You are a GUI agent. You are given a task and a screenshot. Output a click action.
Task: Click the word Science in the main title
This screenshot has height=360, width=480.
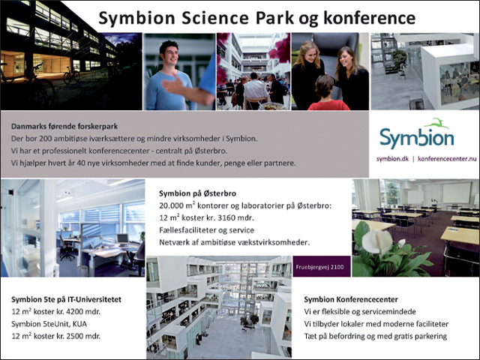[x=215, y=18]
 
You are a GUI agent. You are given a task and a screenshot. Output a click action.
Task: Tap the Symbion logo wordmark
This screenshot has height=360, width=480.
[x=417, y=138]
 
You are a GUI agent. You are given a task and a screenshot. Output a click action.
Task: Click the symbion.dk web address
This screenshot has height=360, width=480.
[x=392, y=159]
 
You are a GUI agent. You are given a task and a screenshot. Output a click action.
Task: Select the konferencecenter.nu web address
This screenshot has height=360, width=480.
[x=447, y=159]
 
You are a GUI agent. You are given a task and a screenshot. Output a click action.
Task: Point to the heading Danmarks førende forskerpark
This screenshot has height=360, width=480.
[x=64, y=126]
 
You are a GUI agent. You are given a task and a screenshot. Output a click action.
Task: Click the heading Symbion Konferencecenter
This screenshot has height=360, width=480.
[x=351, y=299]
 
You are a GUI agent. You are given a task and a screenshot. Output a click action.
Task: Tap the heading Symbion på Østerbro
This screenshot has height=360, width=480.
[x=197, y=193]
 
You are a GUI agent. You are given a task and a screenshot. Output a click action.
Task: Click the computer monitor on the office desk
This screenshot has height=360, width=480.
[x=122, y=239]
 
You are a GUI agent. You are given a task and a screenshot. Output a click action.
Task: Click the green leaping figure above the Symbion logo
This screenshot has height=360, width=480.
[x=436, y=123]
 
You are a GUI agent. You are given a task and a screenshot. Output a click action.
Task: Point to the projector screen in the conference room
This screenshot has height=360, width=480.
[x=457, y=192]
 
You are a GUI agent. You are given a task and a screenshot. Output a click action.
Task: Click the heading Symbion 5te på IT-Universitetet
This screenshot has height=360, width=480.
[x=66, y=299]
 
